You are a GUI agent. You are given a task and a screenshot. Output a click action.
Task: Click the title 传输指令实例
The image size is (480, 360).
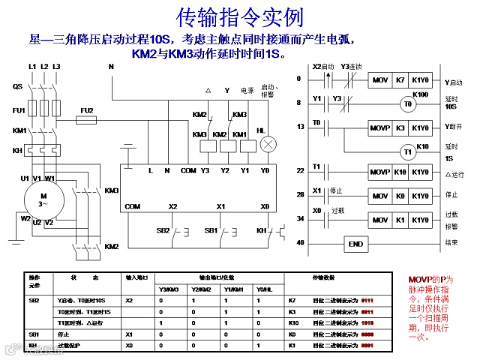(240, 16)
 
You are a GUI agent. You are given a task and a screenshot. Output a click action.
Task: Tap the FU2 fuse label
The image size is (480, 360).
(88, 110)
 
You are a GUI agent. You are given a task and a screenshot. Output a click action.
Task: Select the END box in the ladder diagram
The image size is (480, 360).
(356, 244)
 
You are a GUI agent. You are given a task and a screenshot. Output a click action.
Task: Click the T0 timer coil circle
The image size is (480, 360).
(408, 104)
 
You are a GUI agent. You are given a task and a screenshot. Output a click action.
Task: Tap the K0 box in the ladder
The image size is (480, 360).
(400, 196)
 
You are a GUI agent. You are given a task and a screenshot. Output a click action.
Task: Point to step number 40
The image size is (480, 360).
(301, 242)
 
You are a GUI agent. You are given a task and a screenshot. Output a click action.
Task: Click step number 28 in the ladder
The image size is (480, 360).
(301, 195)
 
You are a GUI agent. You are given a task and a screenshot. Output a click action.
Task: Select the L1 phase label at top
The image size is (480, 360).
(32, 67)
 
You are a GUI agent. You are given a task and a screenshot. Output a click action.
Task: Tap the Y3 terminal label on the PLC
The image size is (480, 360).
(205, 171)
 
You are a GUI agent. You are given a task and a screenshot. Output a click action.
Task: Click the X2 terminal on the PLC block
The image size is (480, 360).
(173, 206)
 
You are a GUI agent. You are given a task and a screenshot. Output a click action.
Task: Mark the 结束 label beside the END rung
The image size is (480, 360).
(451, 242)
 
